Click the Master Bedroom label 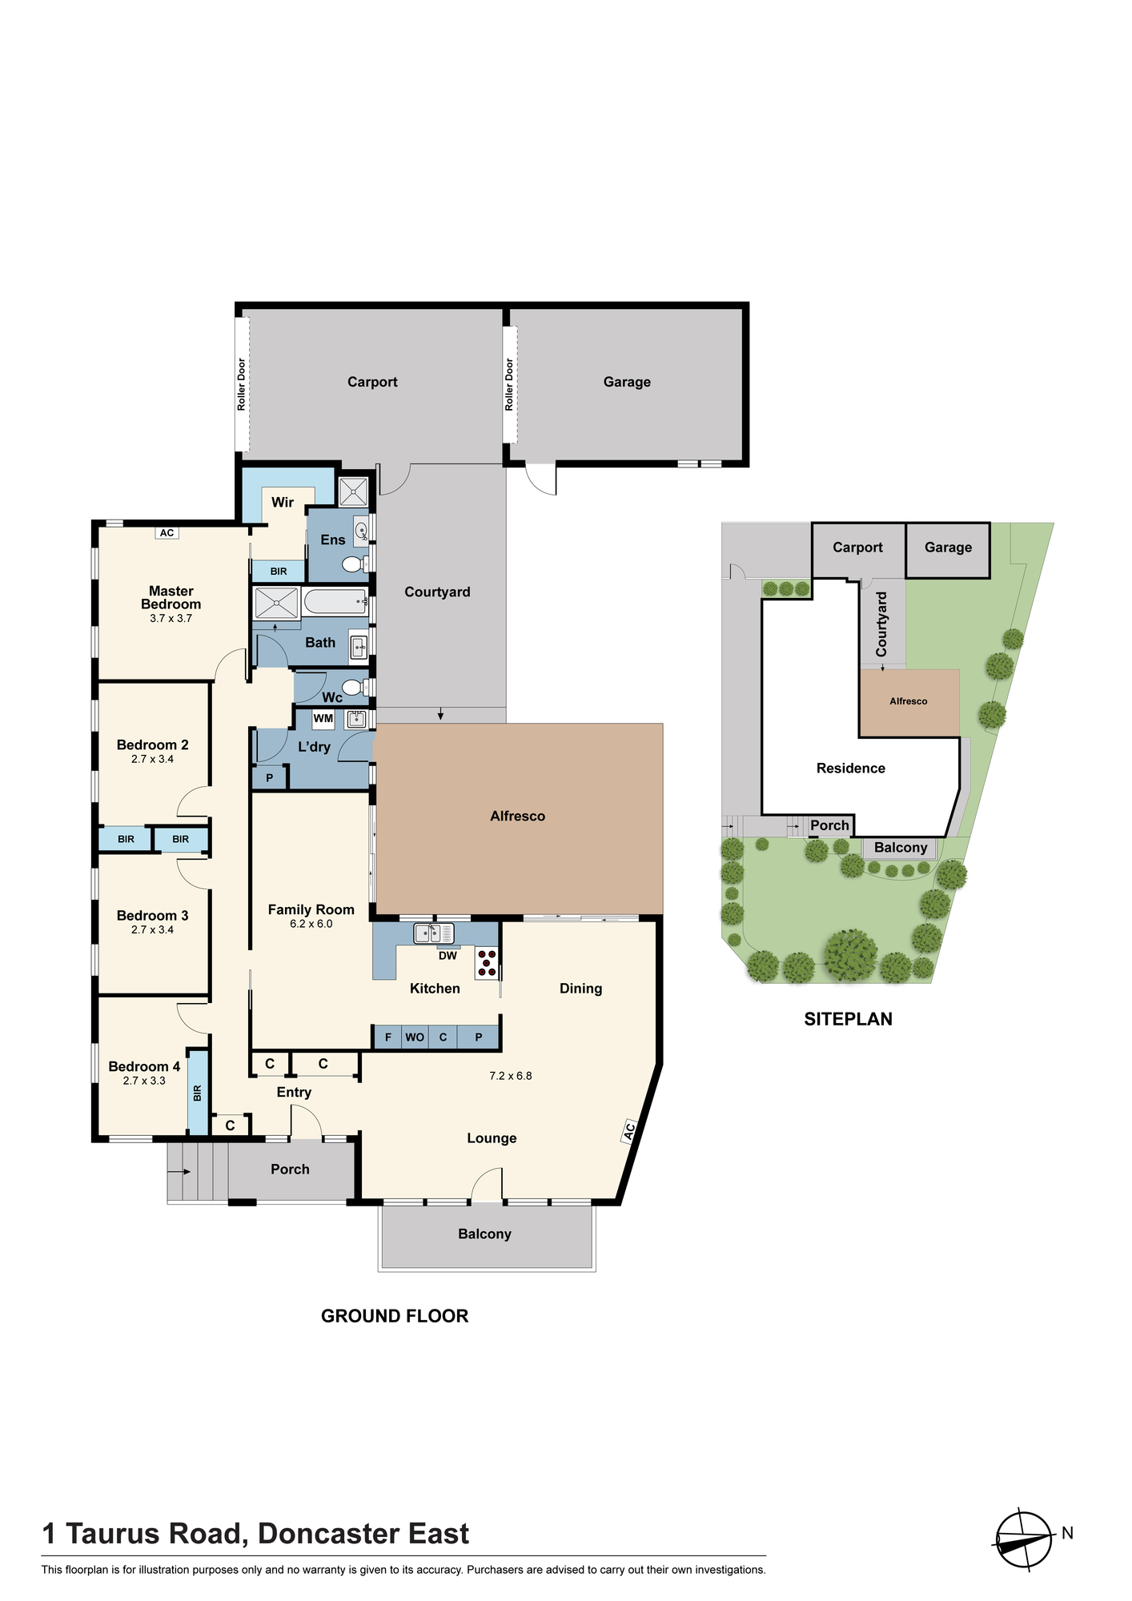[171, 598]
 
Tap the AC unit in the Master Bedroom [167, 533]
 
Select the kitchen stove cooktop [487, 962]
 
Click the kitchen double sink [434, 933]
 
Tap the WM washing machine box [323, 719]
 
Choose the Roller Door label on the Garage [509, 385]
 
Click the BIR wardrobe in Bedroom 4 [198, 1092]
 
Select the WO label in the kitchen [415, 1037]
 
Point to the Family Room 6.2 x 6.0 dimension [311, 924]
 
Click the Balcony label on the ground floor [484, 1234]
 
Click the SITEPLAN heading [848, 1019]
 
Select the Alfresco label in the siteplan [909, 701]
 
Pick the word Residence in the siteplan [851, 768]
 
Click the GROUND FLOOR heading [395, 1316]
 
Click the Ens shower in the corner [353, 492]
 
